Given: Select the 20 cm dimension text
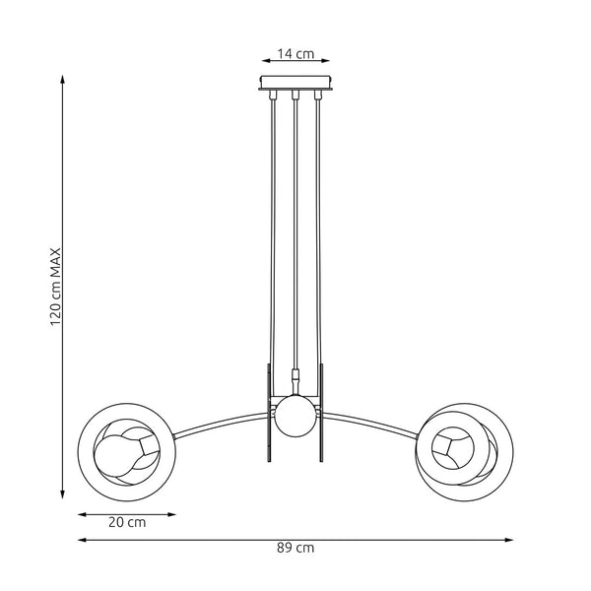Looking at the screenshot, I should [x=127, y=523].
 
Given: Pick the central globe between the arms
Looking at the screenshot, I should [x=295, y=416].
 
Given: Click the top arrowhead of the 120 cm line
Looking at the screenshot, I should [x=64, y=83].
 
